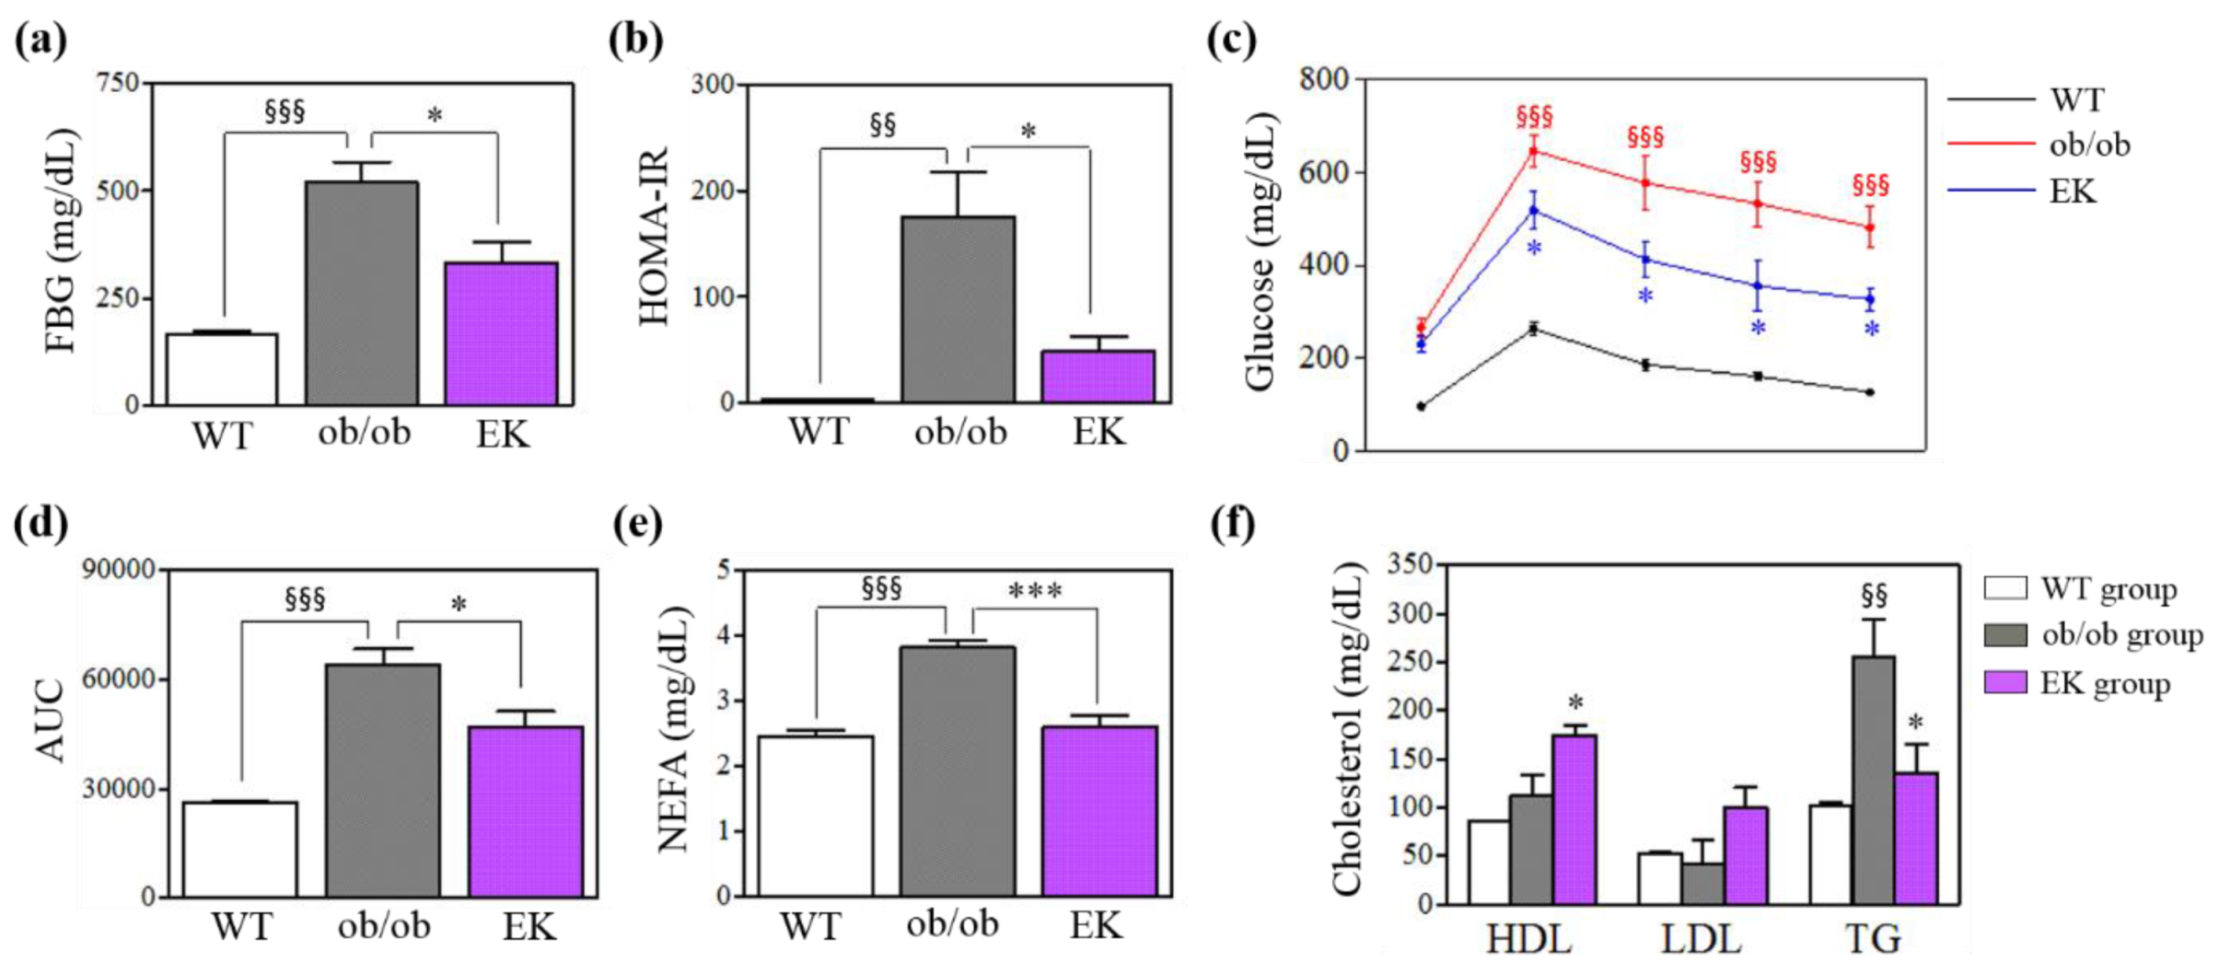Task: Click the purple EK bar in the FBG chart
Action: [x=501, y=333]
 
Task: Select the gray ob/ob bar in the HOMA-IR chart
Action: [x=958, y=309]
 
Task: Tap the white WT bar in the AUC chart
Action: [x=240, y=849]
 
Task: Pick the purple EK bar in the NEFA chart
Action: [x=1099, y=811]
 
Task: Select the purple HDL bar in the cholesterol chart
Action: [x=1574, y=818]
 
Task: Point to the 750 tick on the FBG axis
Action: [x=117, y=83]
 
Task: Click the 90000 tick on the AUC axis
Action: [x=120, y=570]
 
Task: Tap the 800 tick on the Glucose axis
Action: [x=1324, y=80]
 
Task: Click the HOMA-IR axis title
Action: [x=655, y=238]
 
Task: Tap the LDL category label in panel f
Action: [x=1702, y=939]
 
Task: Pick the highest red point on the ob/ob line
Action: [x=1533, y=150]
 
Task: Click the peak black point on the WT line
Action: [x=1533, y=328]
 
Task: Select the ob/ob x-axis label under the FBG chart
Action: [x=365, y=433]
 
